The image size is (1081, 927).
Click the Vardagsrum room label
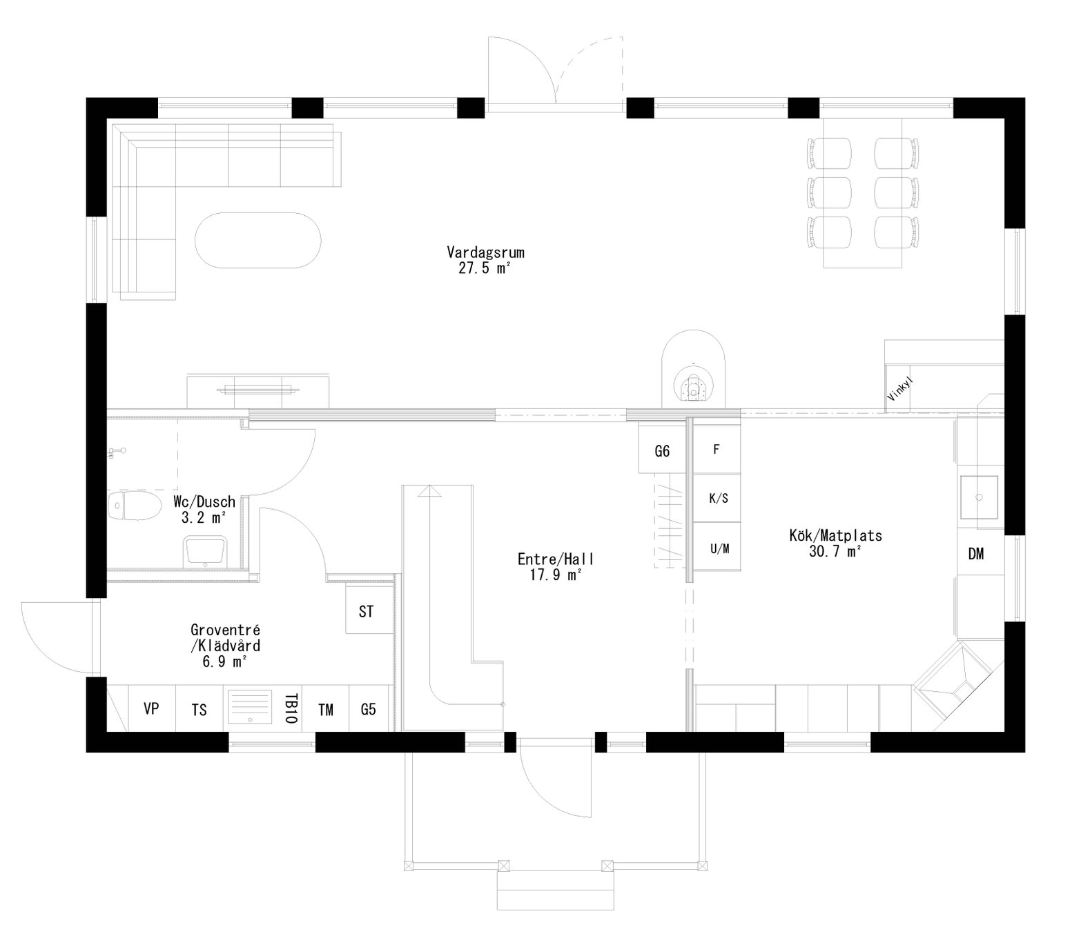pos(485,252)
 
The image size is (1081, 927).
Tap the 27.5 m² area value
pos(485,269)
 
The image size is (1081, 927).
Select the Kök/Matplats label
pos(835,535)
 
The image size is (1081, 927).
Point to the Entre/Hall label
pos(556,559)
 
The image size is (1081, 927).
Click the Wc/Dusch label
pos(204,501)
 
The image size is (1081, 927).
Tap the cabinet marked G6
pos(662,452)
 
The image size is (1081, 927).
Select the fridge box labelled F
pos(717,450)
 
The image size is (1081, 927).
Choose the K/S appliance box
pos(718,498)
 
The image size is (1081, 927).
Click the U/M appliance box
pos(719,549)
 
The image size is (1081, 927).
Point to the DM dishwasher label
pos(975,554)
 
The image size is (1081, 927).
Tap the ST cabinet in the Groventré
pos(367,610)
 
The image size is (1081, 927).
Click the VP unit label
pos(151,708)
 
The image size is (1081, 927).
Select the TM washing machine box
pos(326,709)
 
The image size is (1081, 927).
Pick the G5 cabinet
pos(369,709)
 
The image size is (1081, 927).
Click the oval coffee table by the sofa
pos(257,239)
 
